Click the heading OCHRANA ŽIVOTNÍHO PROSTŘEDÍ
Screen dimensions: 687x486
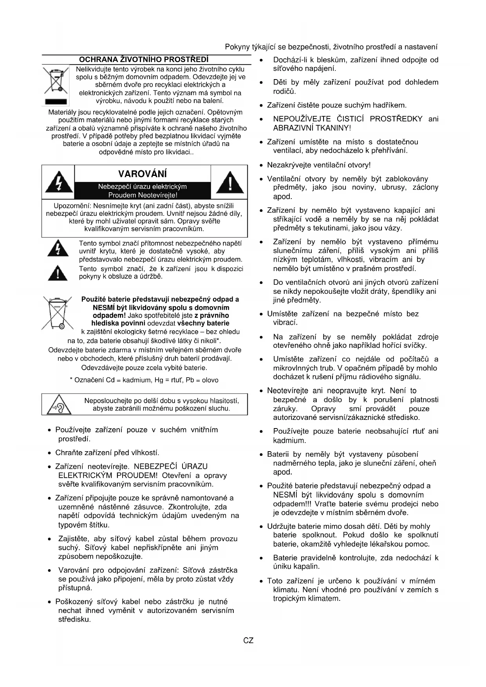pyautogui.click(x=144, y=60)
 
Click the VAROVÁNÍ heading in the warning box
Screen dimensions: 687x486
pyautogui.click(x=142, y=174)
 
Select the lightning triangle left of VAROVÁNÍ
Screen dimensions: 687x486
pyautogui.click(x=59, y=183)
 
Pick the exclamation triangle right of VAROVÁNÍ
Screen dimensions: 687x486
pyautogui.click(x=229, y=183)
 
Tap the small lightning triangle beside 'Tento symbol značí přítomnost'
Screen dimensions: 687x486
pyautogui.click(x=58, y=248)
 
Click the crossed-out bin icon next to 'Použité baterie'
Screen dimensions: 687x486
pyautogui.click(x=57, y=313)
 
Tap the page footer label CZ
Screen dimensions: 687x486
pyautogui.click(x=248, y=641)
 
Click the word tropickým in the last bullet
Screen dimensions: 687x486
pyautogui.click(x=289, y=598)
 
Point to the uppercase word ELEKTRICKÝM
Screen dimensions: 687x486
pyautogui.click(x=85, y=475)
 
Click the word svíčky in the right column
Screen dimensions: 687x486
pyautogui.click(x=415, y=345)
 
